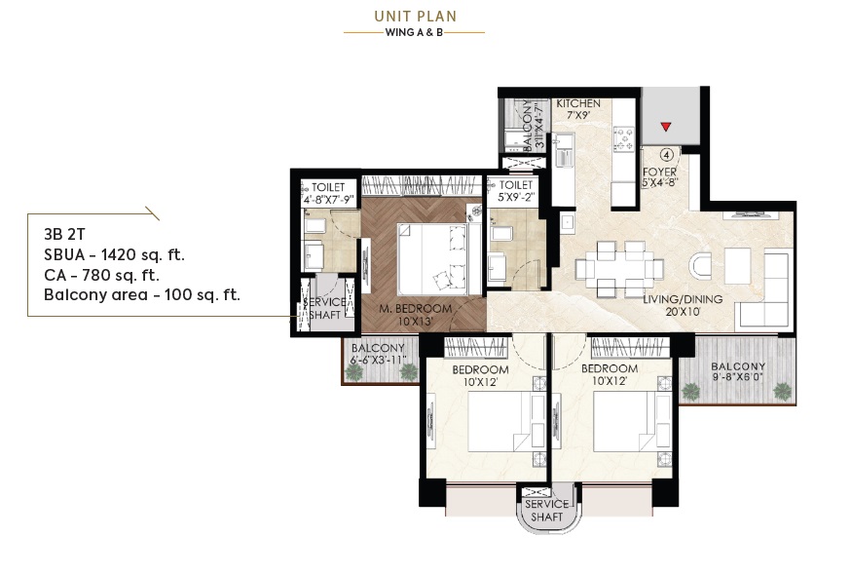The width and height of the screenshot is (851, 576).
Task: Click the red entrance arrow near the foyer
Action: point(666,127)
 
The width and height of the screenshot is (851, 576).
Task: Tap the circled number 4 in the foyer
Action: point(667,155)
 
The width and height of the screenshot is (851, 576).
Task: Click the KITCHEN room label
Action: point(578,103)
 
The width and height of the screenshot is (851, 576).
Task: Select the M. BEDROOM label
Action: point(415,309)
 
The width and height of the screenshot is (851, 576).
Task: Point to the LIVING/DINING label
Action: point(683,299)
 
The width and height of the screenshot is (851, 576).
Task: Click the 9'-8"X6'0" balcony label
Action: point(738,377)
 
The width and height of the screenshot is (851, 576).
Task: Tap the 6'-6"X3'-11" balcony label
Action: point(379,360)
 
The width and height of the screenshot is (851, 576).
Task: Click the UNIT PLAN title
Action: point(415,17)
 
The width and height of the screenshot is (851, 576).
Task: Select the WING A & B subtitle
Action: point(414,32)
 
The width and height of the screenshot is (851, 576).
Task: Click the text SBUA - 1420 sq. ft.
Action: point(115,254)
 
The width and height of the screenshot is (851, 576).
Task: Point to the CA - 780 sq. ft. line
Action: point(101,275)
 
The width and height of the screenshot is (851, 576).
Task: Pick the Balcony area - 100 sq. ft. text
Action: point(141,295)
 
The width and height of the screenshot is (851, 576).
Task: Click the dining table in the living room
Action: point(619,269)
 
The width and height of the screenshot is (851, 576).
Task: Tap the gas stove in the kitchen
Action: point(623,138)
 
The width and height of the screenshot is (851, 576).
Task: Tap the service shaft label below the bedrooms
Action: point(546,511)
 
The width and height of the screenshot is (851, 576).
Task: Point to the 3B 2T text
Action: point(64,234)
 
